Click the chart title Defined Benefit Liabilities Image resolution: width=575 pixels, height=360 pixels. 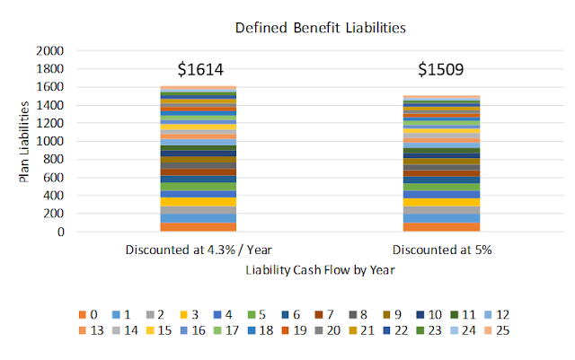[321, 28]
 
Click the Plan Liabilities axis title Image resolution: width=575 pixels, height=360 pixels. [26, 141]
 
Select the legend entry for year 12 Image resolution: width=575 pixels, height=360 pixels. [490, 314]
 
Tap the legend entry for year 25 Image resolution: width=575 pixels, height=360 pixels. [490, 330]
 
